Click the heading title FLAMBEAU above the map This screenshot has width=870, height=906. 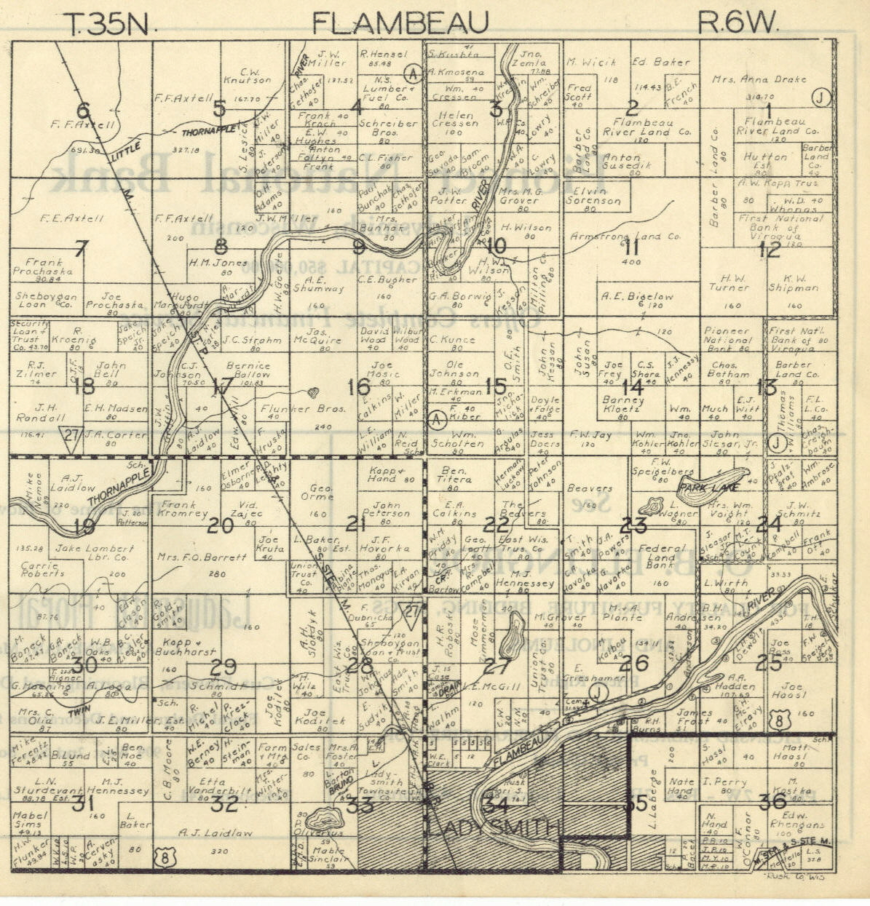pos(400,23)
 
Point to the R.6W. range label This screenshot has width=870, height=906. pos(738,23)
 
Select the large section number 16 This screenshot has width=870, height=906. pos(358,387)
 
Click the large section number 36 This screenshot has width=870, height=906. pos(772,802)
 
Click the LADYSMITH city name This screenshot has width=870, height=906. pos(494,828)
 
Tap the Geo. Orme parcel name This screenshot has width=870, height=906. pos(317,493)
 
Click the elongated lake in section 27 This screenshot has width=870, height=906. pos(514,633)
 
